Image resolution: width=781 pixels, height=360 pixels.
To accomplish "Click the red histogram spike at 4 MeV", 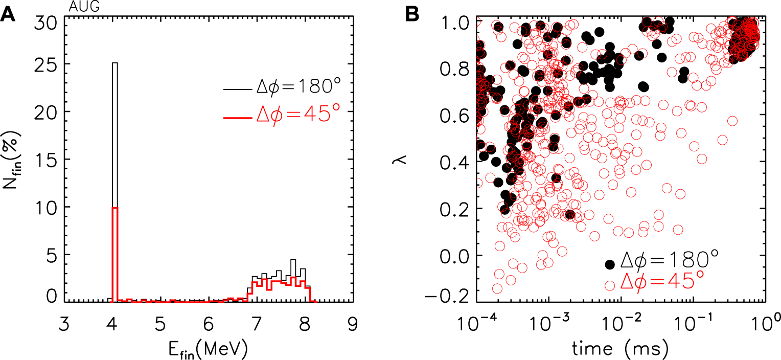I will pos(115,256).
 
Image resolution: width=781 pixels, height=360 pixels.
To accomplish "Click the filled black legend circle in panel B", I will pos(609,264).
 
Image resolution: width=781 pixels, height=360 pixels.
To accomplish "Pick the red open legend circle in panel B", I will pos(609,285).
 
